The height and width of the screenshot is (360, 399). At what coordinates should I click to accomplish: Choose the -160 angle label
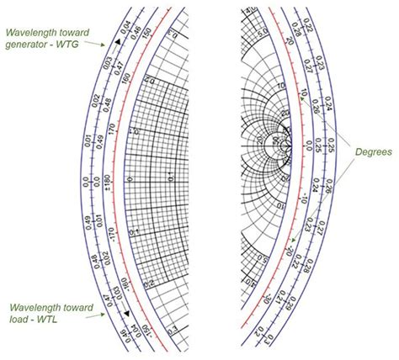115,278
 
